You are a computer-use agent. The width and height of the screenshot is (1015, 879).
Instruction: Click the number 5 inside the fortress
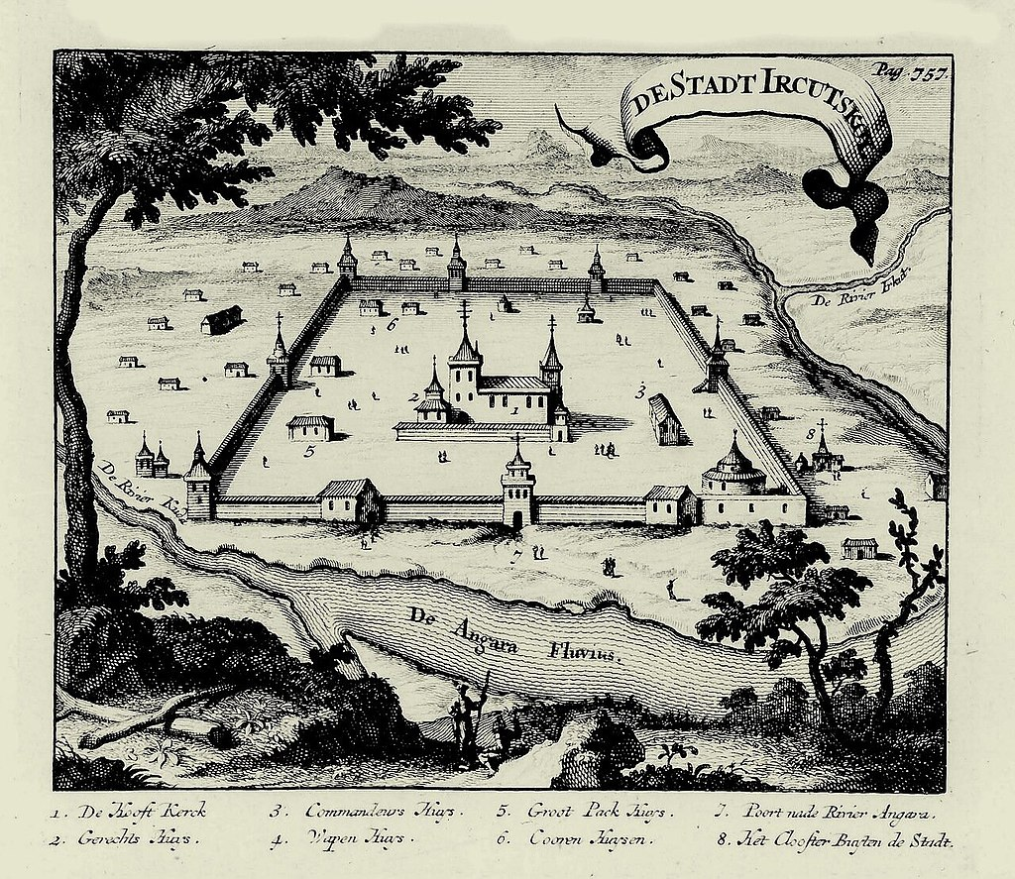point(309,451)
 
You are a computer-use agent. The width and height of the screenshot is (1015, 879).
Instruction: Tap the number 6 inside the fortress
point(392,324)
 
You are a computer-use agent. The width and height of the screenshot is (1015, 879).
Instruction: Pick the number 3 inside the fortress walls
point(641,389)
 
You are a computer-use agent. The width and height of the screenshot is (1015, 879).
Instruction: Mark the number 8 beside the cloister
point(810,433)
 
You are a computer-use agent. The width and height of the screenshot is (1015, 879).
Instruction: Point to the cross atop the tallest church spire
point(464,311)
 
